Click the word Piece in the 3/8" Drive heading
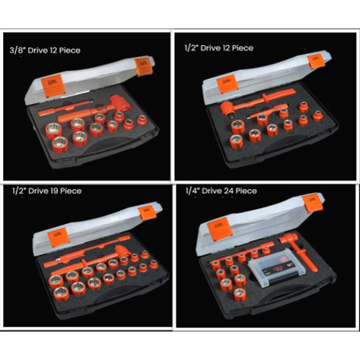pos(91,50)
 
